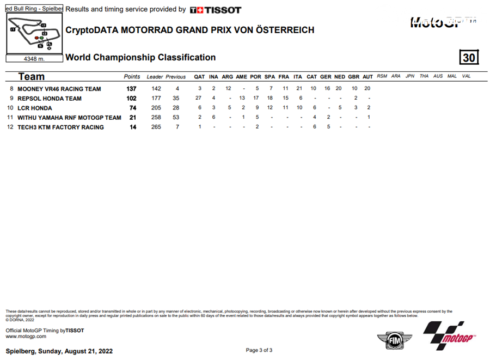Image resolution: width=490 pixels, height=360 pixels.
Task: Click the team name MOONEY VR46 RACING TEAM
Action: (x=59, y=89)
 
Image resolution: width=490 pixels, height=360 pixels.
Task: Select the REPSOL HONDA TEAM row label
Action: (x=50, y=99)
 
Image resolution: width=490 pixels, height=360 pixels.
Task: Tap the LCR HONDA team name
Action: (x=35, y=108)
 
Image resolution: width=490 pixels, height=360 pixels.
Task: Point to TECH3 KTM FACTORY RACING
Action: (x=60, y=127)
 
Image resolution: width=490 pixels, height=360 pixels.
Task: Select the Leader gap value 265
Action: (x=156, y=127)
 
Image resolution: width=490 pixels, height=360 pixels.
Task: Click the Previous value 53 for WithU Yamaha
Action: (x=176, y=118)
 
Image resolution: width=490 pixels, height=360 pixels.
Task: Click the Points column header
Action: (x=132, y=77)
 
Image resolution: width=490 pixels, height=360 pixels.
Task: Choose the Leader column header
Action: (x=155, y=77)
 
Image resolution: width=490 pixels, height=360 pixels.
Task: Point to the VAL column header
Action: (x=466, y=76)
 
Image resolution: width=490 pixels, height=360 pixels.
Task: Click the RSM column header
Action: (x=382, y=76)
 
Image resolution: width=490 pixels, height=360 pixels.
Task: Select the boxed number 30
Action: (x=469, y=58)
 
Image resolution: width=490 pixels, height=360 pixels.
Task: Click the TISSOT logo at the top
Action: (x=216, y=10)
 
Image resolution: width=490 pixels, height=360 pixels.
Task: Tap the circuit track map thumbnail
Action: (x=34, y=34)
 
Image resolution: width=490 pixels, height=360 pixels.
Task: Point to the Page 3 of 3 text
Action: (x=259, y=350)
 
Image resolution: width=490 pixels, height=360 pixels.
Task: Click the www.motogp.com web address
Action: (x=26, y=337)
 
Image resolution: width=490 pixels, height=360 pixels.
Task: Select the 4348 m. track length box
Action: (x=34, y=58)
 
